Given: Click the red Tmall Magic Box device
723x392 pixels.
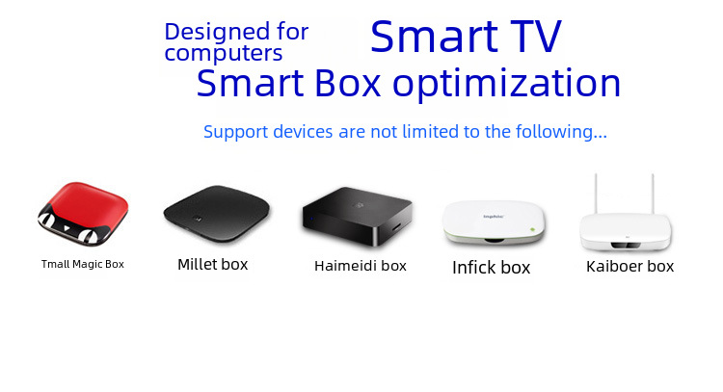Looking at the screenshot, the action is click(x=83, y=214).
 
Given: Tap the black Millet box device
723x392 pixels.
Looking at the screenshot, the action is click(x=217, y=214).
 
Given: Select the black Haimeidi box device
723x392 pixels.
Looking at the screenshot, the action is click(x=358, y=216).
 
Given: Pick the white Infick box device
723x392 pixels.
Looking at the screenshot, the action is click(x=494, y=222).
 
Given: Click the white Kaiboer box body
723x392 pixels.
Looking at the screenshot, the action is click(x=626, y=232).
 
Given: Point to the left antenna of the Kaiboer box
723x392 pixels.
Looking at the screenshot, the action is click(x=596, y=194).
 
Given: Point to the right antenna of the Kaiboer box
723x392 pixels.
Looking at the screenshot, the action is click(x=653, y=194).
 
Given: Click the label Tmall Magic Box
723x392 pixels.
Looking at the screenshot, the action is click(x=83, y=264).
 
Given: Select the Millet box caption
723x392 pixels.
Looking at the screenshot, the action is click(x=213, y=264).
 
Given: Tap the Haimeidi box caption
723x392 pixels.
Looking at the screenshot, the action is click(x=361, y=266).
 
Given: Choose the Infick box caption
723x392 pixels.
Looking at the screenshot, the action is click(x=491, y=267).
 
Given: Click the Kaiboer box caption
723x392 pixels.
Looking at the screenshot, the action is click(x=629, y=266).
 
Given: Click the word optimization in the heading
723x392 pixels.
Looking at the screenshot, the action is click(x=506, y=84).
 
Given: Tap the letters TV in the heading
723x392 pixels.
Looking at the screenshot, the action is click(x=536, y=37).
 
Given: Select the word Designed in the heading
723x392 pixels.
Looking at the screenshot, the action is click(x=217, y=32).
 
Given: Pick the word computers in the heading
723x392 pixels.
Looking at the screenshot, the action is click(x=224, y=53).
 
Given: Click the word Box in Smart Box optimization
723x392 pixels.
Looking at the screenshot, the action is click(x=348, y=84).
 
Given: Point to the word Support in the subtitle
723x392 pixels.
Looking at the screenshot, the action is click(x=235, y=132).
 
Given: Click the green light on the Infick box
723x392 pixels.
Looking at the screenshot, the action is click(x=532, y=229).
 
